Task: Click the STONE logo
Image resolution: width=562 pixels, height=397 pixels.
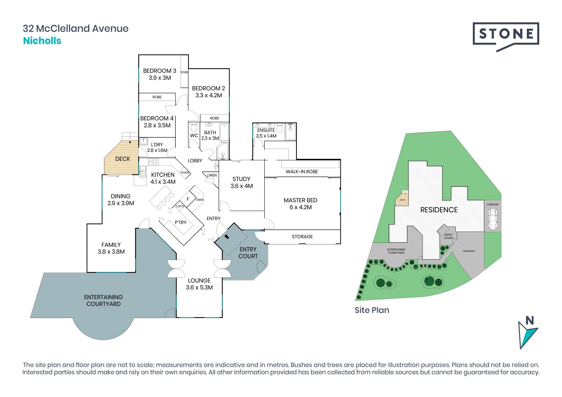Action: pos(506,37)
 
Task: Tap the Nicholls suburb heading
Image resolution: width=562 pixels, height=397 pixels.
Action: pos(42,41)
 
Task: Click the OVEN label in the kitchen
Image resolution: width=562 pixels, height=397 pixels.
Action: pos(185,172)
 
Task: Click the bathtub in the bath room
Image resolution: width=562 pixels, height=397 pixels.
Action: pos(224,132)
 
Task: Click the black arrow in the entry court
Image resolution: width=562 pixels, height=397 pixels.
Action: pos(227,237)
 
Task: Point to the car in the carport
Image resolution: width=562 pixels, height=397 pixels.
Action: pos(493,219)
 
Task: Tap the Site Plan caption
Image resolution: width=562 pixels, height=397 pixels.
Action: pos(372,310)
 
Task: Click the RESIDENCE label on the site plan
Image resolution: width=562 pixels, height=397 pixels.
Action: pos(439,210)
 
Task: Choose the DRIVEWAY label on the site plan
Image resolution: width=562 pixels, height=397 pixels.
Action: pos(469,251)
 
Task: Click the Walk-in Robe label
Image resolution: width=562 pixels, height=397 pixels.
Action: pos(302,172)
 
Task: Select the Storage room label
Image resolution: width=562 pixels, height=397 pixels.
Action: pos(302,237)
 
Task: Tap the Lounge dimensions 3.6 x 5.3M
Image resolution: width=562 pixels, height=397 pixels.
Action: pos(199,288)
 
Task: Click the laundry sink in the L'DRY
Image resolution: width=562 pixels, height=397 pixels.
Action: pos(143,142)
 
